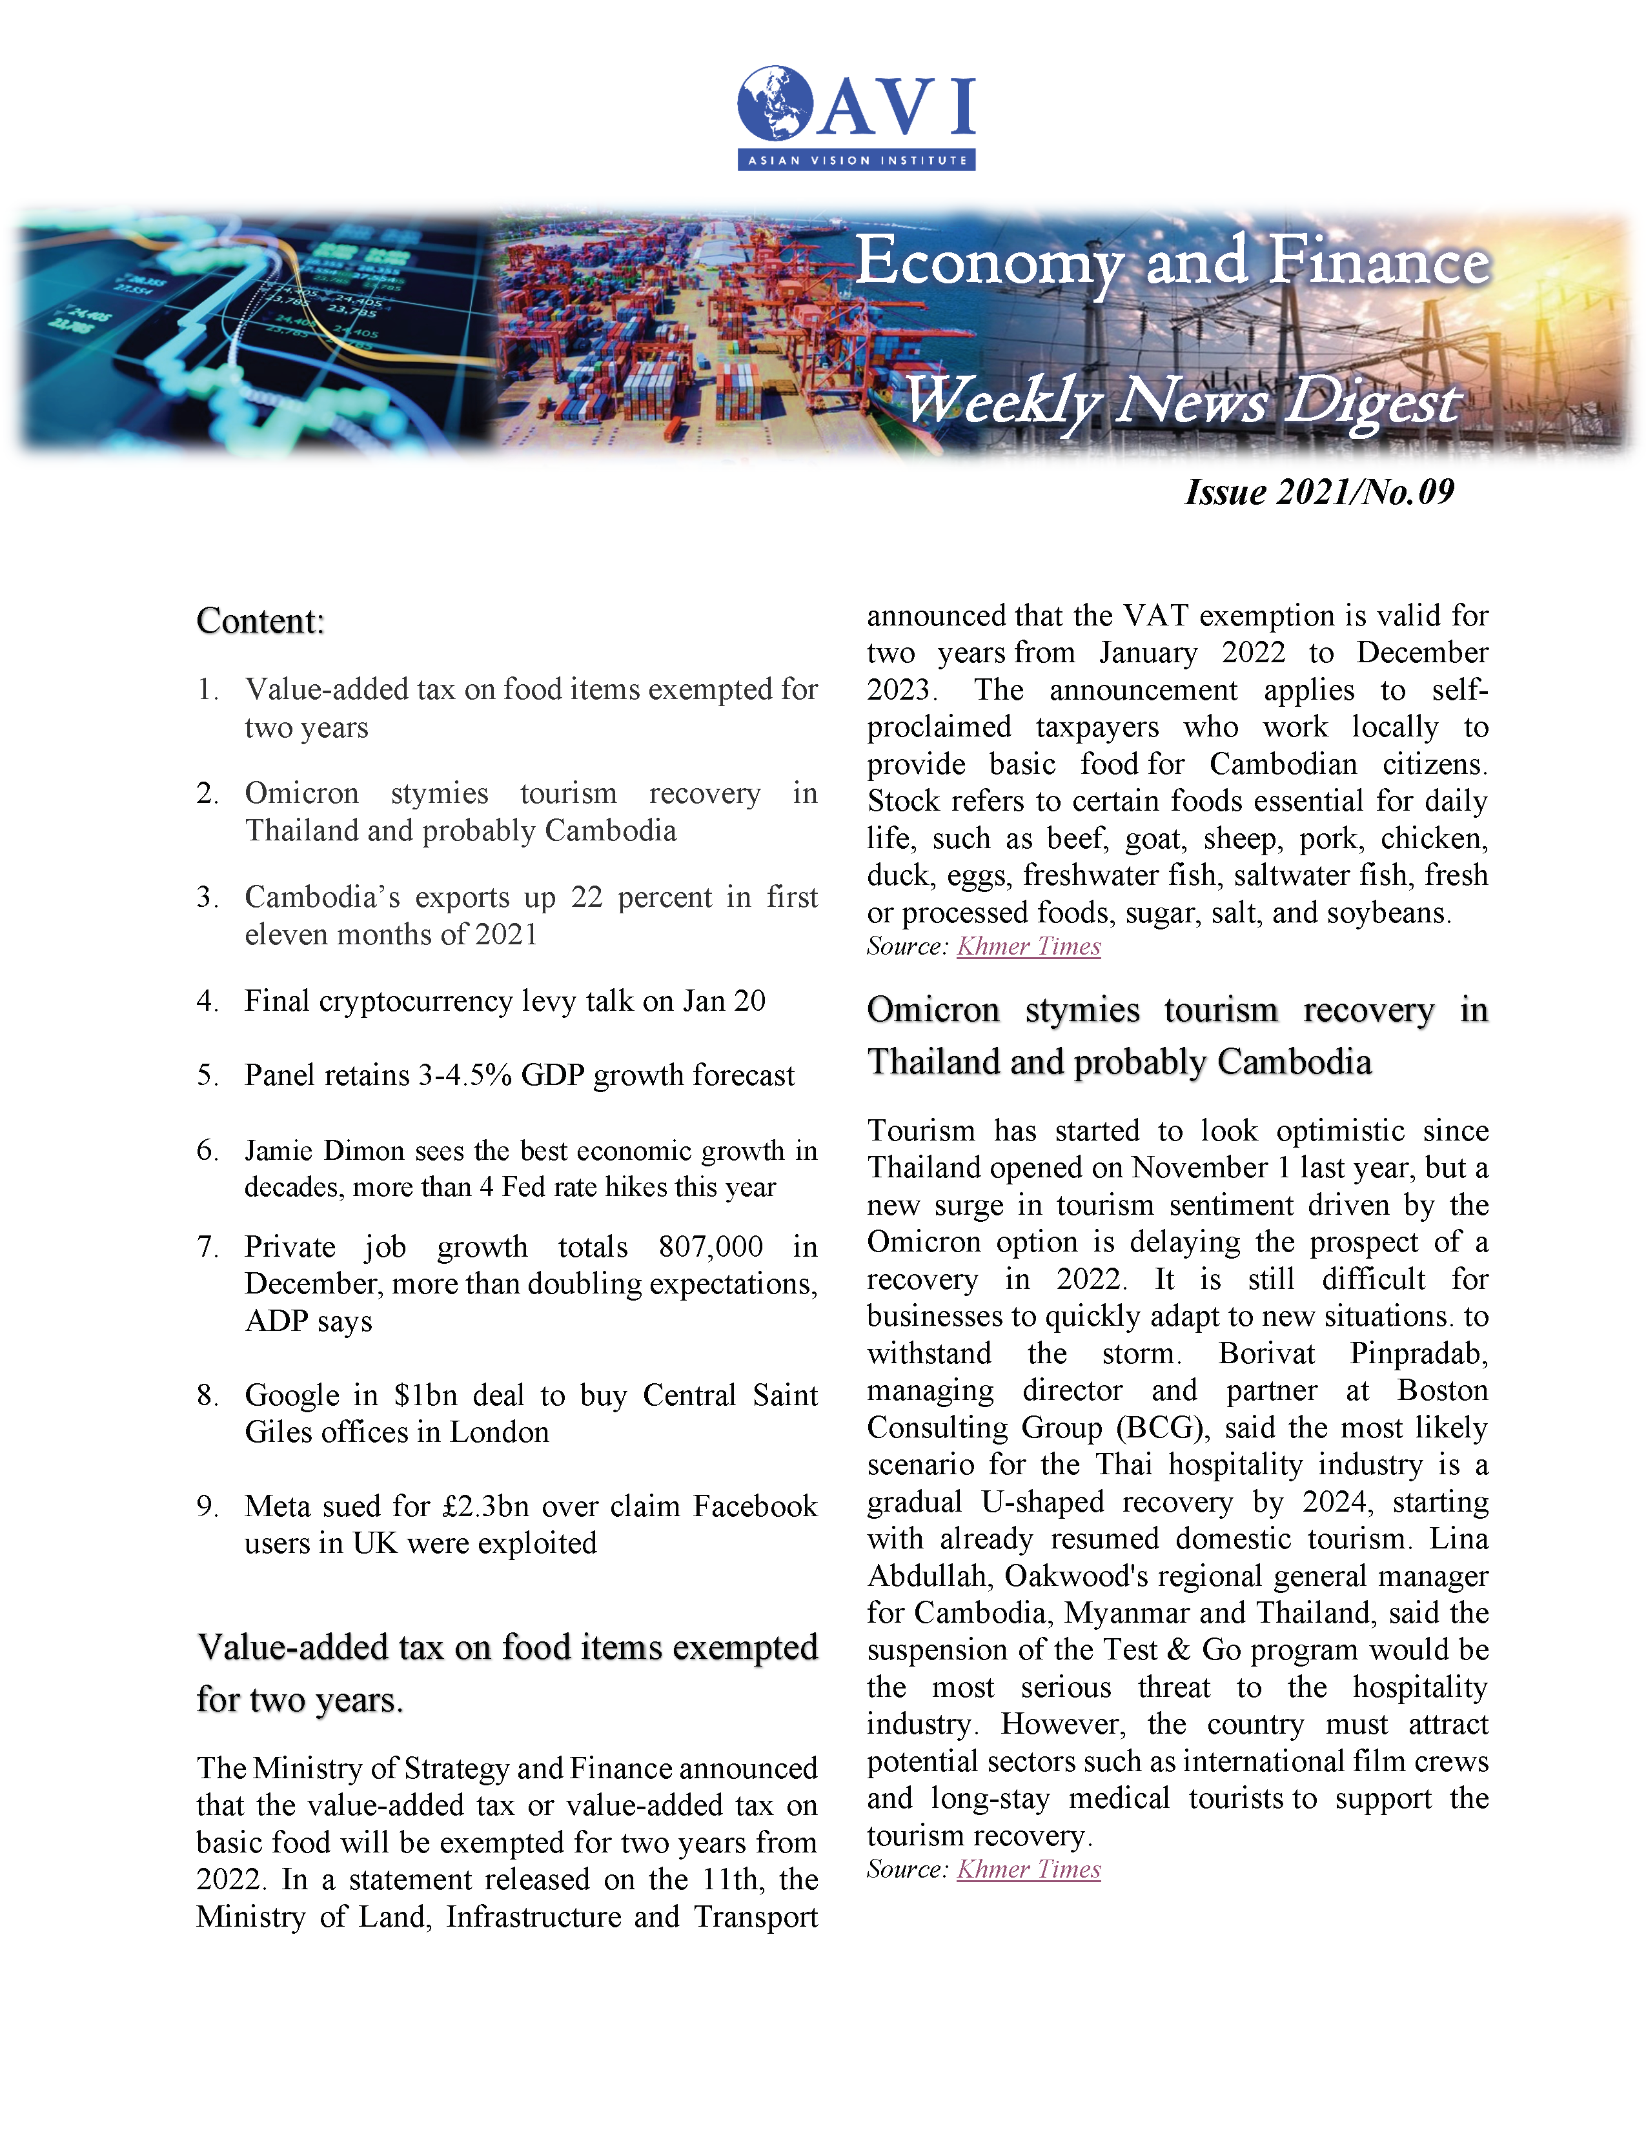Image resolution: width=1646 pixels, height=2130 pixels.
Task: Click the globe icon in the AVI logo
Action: click(775, 103)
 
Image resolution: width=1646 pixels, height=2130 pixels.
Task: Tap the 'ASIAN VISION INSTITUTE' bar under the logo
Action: click(856, 160)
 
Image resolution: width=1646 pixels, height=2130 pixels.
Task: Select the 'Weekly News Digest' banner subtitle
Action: click(1182, 401)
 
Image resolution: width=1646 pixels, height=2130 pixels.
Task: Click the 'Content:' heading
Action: click(260, 621)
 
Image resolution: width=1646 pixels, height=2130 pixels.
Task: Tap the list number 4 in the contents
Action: click(207, 1000)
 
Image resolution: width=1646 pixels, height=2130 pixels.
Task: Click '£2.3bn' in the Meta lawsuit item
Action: click(485, 1506)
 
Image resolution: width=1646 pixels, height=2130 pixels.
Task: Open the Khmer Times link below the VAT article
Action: click(1029, 946)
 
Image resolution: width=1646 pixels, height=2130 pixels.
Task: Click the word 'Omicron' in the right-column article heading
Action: click(933, 1009)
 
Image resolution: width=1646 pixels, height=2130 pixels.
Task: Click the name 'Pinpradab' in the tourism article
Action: click(1418, 1354)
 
